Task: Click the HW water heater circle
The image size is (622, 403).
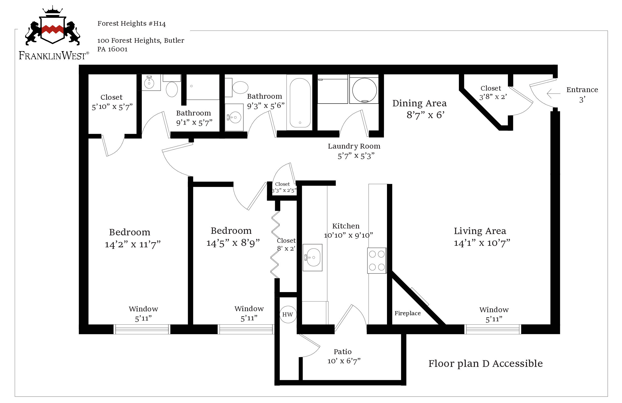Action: point(288,314)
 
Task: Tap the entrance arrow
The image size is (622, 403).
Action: point(553,93)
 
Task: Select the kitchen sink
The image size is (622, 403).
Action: point(312,257)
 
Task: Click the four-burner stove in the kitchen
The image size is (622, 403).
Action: point(377,261)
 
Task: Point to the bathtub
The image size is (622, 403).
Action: point(300,103)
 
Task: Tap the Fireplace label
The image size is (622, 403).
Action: point(408,313)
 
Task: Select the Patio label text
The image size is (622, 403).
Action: point(342,351)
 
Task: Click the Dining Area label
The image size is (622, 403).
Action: point(419,103)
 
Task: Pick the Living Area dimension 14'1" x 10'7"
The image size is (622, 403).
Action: point(482,243)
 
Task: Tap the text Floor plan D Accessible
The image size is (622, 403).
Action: point(485,364)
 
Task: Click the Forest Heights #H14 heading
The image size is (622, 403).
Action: point(131,24)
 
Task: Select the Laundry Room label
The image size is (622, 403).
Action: point(354,146)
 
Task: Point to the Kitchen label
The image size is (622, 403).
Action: point(346,226)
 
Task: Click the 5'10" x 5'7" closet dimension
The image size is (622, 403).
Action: point(112,107)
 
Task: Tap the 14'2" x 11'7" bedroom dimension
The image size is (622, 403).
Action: point(132,244)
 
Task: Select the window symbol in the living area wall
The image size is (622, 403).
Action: point(492,329)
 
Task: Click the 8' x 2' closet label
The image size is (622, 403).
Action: point(286,248)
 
